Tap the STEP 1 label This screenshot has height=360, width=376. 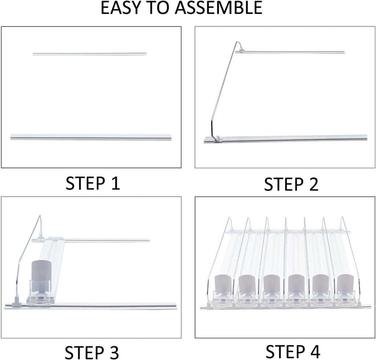93,183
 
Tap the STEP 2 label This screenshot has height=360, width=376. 291,184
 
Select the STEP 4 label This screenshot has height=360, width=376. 293,351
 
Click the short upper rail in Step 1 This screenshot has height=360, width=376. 89,54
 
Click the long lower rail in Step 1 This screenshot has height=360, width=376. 91,137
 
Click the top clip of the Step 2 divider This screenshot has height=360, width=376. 240,50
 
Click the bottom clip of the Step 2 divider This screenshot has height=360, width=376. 217,138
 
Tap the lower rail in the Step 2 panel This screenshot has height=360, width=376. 294,138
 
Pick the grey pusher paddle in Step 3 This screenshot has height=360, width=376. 40,271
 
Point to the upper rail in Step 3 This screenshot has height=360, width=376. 110,241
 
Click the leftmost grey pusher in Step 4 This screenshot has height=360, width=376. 223,284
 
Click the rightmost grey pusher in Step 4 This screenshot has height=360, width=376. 345,284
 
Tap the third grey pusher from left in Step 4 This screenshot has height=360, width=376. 271,284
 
